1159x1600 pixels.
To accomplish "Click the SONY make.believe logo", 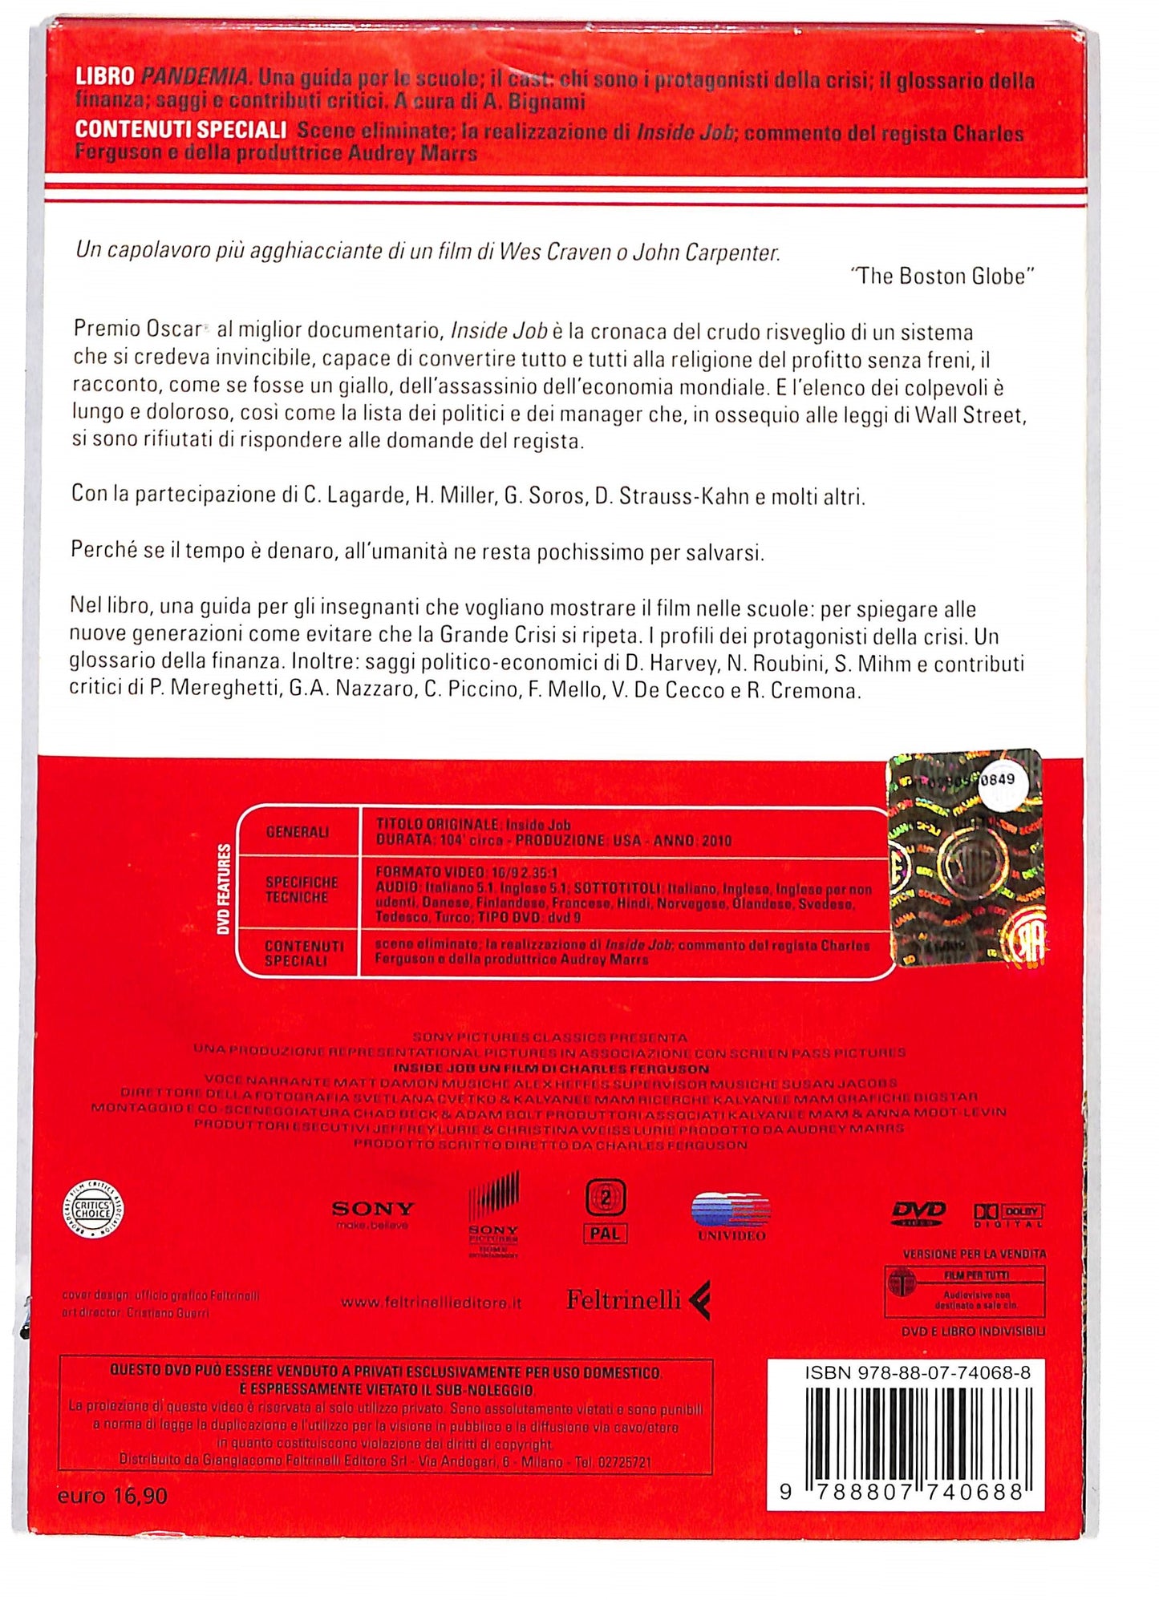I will [x=373, y=1213].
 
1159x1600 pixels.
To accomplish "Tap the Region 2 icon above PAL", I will [x=605, y=1198].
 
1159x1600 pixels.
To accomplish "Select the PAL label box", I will [x=605, y=1234].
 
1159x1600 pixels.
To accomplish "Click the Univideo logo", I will [x=731, y=1217].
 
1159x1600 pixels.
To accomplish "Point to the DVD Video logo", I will [x=918, y=1213].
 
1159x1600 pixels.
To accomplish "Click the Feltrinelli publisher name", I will [x=624, y=1299].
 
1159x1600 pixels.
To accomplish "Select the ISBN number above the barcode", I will [x=918, y=1373].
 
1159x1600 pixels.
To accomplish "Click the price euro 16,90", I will [x=112, y=1496].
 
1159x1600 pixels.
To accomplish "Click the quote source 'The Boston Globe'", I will [x=942, y=277].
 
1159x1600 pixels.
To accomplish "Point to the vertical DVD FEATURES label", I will [x=224, y=889].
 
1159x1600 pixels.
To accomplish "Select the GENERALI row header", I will [x=297, y=832].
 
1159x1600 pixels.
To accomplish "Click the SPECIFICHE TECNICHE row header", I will [x=302, y=890].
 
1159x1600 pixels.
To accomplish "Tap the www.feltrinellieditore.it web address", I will [x=432, y=1303].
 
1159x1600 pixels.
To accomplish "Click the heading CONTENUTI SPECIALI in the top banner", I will [x=180, y=129].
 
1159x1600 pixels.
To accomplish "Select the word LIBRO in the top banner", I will [x=104, y=77].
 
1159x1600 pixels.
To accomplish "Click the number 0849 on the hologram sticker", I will [x=997, y=779].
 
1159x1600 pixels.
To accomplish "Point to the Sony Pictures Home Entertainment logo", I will [x=493, y=1215].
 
